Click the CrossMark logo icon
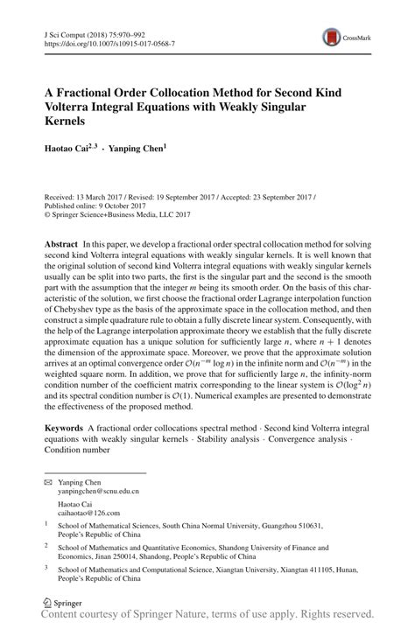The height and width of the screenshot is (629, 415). tap(333, 37)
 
